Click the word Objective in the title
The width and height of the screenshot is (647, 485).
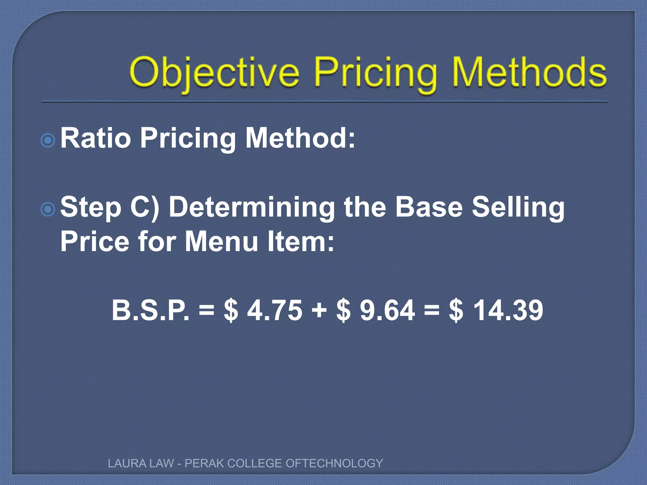click(214, 73)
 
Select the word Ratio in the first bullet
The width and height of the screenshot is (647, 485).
click(95, 138)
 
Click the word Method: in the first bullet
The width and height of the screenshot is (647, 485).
click(300, 138)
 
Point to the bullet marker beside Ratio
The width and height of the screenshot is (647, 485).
click(48, 140)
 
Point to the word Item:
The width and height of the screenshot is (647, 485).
click(300, 242)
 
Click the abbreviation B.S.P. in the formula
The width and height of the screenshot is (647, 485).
click(151, 310)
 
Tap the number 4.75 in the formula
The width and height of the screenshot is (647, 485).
click(275, 310)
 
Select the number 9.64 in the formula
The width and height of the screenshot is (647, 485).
click(387, 310)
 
